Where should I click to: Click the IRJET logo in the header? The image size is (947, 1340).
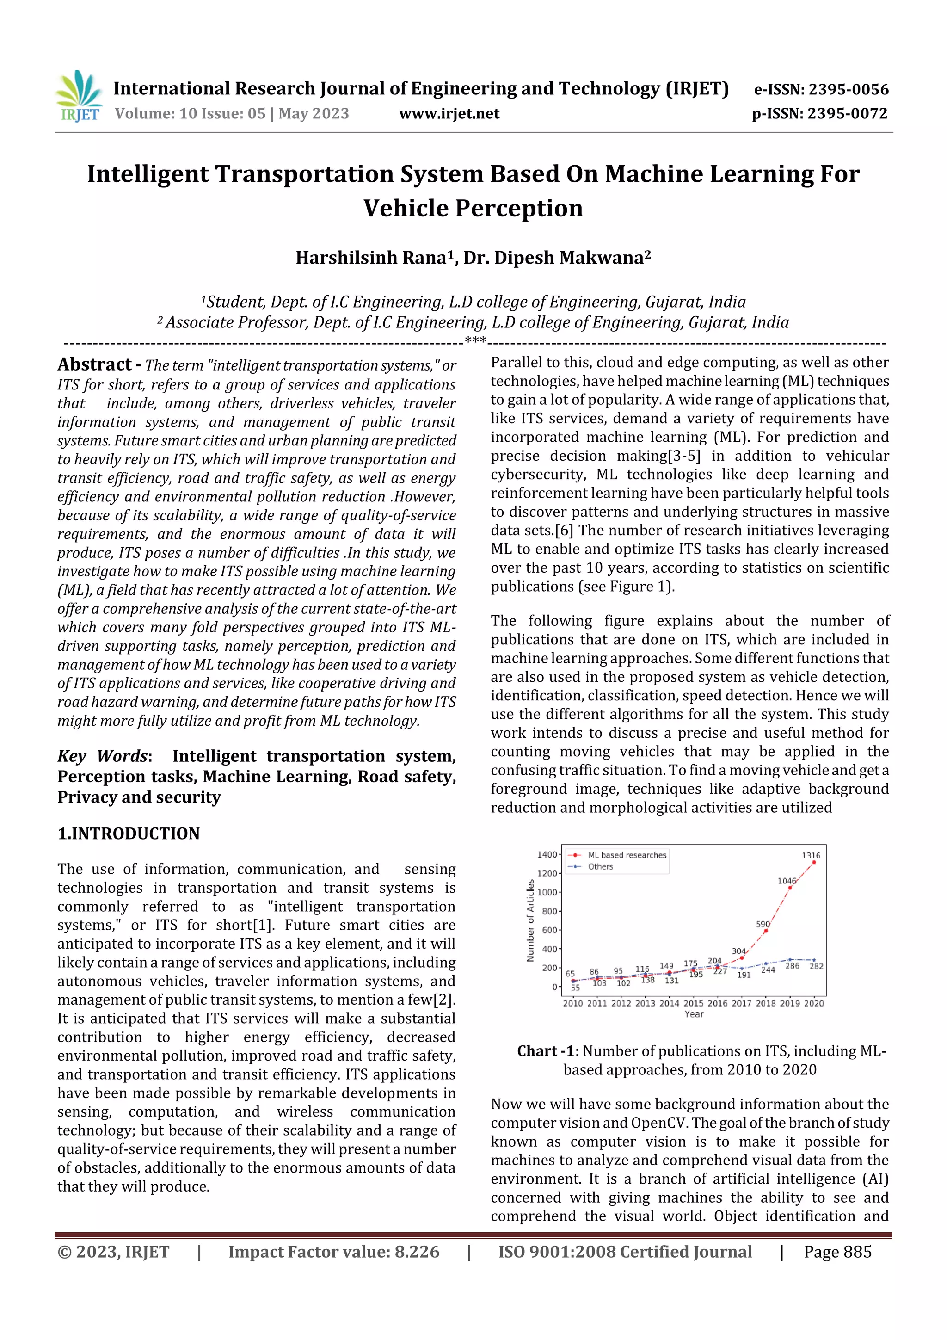(x=79, y=96)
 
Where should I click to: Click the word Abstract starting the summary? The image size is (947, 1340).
(x=94, y=365)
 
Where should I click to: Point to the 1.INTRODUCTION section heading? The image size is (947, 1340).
(x=129, y=834)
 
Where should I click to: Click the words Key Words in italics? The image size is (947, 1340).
(x=102, y=756)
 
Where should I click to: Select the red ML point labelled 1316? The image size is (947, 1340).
(x=814, y=862)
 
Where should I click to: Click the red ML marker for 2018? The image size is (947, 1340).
(x=766, y=931)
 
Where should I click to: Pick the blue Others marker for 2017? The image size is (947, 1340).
(x=742, y=968)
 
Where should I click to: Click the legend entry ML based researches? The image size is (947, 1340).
(x=627, y=855)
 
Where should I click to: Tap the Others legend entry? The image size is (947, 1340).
(x=600, y=867)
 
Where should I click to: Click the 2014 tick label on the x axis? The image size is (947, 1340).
(x=669, y=1003)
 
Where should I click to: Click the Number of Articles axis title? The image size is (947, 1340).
(x=530, y=920)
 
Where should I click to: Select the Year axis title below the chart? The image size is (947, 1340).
(x=694, y=1014)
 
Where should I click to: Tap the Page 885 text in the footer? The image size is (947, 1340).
(x=837, y=1252)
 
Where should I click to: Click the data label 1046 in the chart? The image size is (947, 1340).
(x=787, y=881)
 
